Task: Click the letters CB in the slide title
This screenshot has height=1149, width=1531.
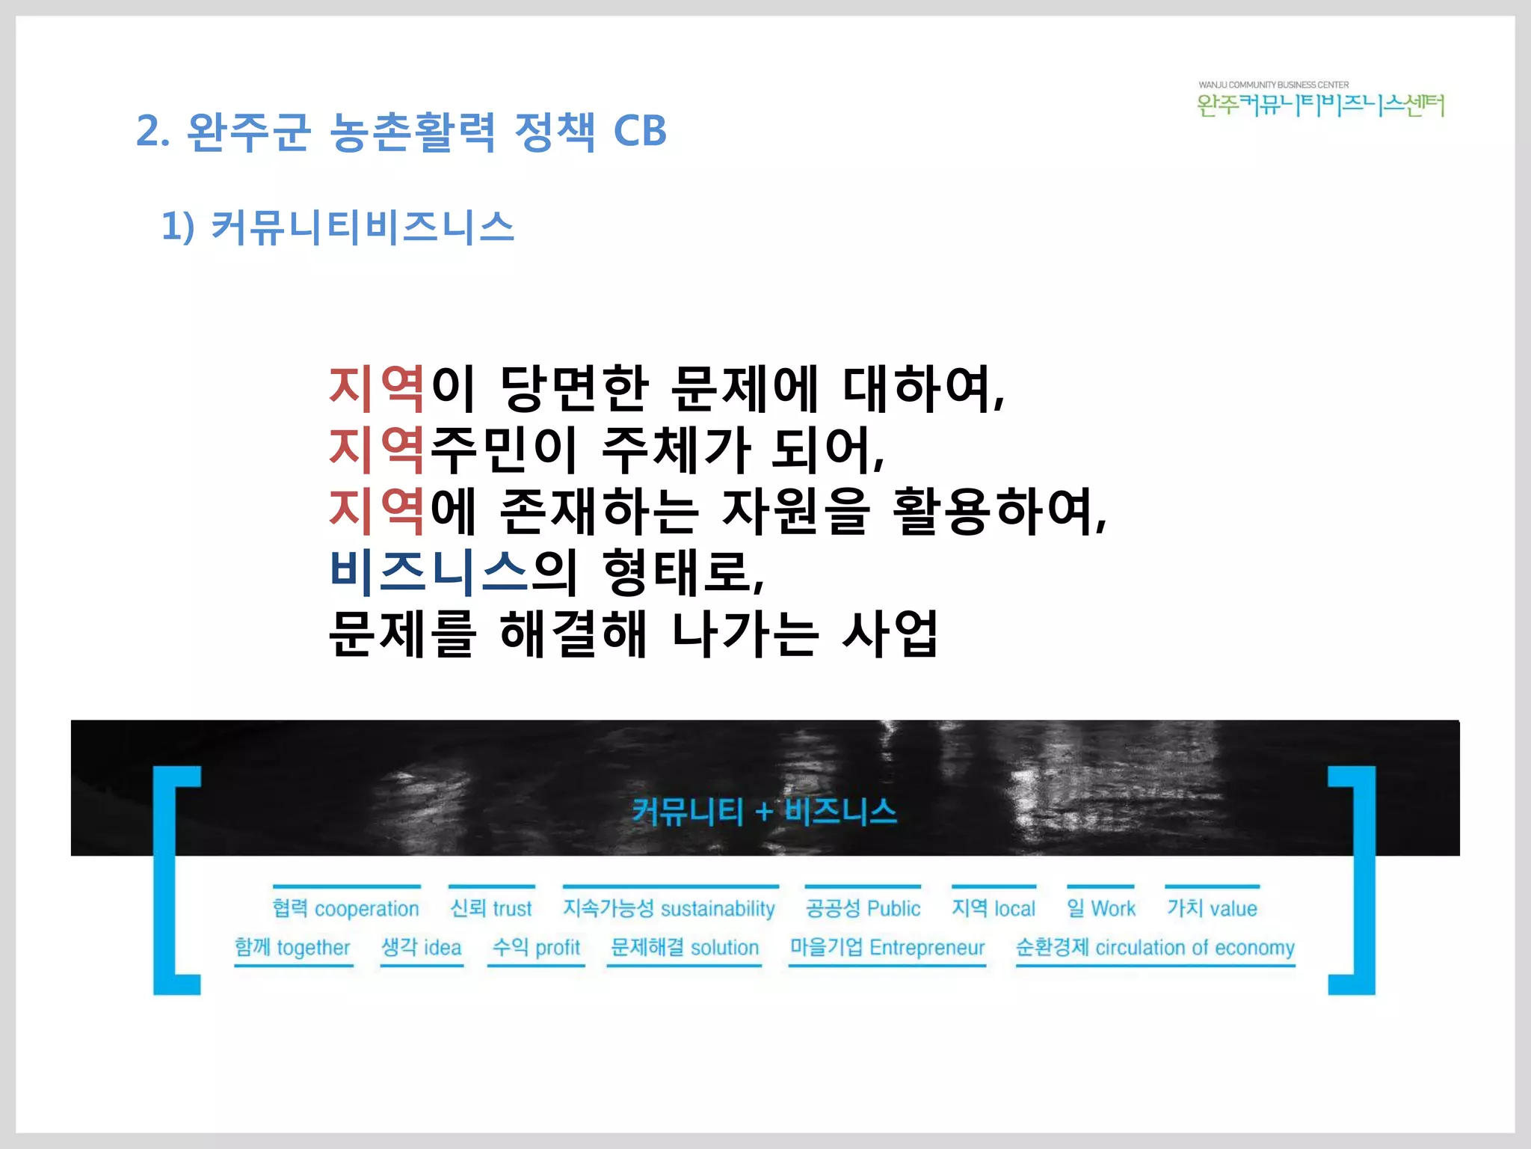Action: point(639,132)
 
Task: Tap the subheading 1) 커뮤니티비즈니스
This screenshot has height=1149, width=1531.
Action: point(338,227)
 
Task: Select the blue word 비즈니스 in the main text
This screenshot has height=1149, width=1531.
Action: point(429,572)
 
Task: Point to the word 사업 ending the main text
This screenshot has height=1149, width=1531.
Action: point(890,634)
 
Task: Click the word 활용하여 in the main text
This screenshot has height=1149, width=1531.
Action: point(998,511)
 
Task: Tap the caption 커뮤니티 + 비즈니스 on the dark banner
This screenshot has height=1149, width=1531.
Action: point(764,812)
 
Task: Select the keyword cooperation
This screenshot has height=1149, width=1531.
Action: point(366,909)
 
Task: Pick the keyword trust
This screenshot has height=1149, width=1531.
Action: point(512,909)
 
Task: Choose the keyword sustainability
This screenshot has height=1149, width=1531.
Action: point(718,909)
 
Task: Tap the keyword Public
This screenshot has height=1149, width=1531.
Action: point(893,909)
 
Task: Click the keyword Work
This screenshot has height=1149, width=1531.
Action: point(1113,909)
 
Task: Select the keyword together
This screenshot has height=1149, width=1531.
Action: point(313,948)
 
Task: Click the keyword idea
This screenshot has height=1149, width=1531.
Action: point(443,948)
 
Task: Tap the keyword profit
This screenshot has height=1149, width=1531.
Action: point(558,948)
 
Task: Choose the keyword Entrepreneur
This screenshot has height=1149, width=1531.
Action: point(927,948)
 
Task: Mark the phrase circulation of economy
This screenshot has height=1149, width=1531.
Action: point(1195,948)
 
